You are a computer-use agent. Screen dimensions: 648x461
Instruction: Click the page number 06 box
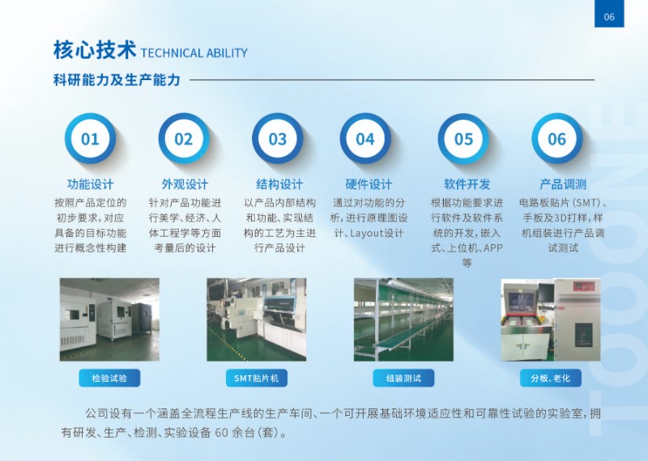[609, 14]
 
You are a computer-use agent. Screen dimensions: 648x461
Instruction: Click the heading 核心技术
[95, 50]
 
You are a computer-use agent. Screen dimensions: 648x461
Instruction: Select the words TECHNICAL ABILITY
[194, 53]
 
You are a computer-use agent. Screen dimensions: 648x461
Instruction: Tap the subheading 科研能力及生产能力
[117, 79]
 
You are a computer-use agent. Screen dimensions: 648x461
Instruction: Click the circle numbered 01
[90, 138]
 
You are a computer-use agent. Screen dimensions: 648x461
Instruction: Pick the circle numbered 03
[277, 138]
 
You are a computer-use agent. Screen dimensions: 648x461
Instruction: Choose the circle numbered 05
[463, 138]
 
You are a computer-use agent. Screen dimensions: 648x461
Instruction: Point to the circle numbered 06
[556, 138]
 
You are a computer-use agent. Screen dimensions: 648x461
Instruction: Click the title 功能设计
[91, 184]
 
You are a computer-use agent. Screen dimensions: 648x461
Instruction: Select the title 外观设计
[185, 184]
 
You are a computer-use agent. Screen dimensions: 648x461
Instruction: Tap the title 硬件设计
[369, 184]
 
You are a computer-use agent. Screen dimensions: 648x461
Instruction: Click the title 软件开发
[467, 184]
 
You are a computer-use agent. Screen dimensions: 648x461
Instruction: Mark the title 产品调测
[563, 184]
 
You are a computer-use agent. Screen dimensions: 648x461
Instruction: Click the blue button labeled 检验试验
[109, 378]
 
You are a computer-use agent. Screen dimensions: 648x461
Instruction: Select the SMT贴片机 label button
[257, 378]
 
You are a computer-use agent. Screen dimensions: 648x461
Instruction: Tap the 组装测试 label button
[403, 378]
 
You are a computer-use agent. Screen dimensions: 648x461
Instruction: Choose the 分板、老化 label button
[551, 378]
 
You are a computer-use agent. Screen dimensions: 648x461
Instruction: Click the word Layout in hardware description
[367, 234]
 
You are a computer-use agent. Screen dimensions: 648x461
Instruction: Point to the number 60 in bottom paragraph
[221, 433]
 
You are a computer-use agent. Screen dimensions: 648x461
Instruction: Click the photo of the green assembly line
[403, 319]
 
